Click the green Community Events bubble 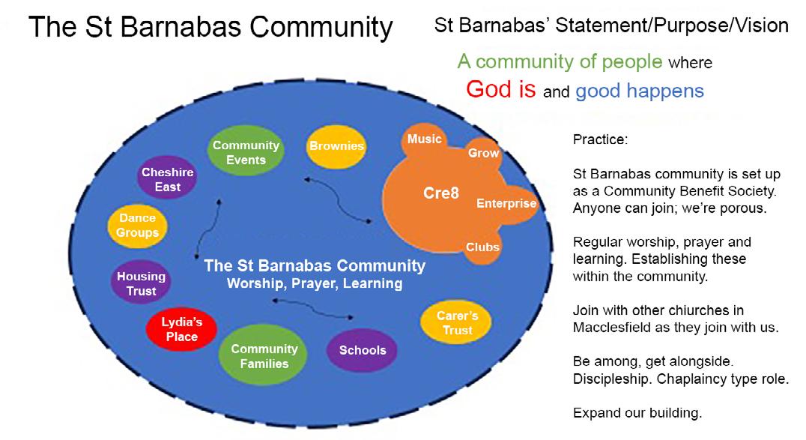point(246,152)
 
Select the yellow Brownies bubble point(336,146)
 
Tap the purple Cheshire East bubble point(168,179)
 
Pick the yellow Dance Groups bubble point(138,225)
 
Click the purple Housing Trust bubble point(141,283)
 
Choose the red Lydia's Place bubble point(182,329)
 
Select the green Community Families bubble point(264,356)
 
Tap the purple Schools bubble point(363,350)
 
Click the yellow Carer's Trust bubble point(457,322)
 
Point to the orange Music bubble point(424,139)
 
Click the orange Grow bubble point(483,153)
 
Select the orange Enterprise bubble point(506,203)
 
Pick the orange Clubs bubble point(482,247)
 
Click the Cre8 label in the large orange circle point(440,193)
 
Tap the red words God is point(500,89)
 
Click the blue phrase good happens point(639,91)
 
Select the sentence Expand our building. point(637,413)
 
